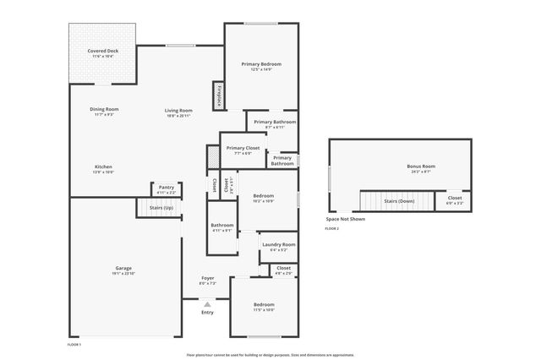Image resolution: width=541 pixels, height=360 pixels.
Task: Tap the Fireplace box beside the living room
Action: click(x=219, y=95)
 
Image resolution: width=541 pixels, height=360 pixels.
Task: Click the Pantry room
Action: click(x=166, y=189)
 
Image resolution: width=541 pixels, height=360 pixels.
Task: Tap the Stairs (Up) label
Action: click(x=161, y=207)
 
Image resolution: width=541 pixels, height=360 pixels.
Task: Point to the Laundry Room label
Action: click(x=278, y=246)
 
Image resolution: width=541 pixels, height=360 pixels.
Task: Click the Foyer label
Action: click(x=207, y=280)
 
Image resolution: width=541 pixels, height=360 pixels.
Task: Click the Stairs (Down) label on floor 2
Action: click(x=399, y=201)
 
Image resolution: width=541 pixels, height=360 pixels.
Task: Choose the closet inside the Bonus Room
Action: click(x=455, y=201)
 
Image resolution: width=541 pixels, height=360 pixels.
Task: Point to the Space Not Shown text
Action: click(x=346, y=219)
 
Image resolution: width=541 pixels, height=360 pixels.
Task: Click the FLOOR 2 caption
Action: click(x=332, y=229)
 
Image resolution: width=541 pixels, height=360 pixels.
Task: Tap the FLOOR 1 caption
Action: click(x=74, y=345)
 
